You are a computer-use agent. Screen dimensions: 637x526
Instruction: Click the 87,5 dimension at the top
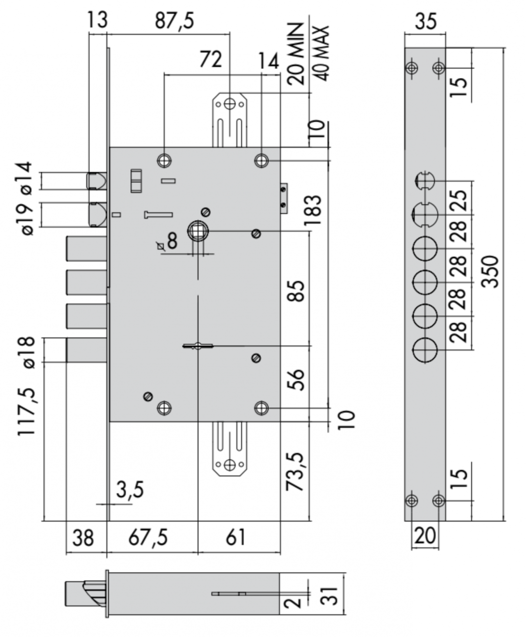click(174, 21)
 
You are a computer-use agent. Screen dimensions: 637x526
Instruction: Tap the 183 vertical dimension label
click(313, 210)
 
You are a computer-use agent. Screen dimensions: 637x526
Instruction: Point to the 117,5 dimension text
click(27, 411)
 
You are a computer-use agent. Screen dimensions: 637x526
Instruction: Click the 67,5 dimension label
click(148, 538)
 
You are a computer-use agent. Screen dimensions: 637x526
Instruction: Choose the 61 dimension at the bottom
click(236, 538)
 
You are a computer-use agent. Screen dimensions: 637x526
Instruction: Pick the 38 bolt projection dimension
click(83, 538)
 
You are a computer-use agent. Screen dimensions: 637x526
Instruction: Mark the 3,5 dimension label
click(130, 490)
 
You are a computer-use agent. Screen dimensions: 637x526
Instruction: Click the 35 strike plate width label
click(425, 21)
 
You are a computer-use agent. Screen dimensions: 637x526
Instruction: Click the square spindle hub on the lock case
click(197, 230)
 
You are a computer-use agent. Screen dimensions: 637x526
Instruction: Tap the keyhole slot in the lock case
click(198, 346)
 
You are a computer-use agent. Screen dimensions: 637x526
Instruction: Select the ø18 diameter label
click(27, 352)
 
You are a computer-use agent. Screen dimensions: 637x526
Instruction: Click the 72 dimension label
click(211, 59)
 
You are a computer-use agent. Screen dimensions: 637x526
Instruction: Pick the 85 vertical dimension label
click(297, 290)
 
